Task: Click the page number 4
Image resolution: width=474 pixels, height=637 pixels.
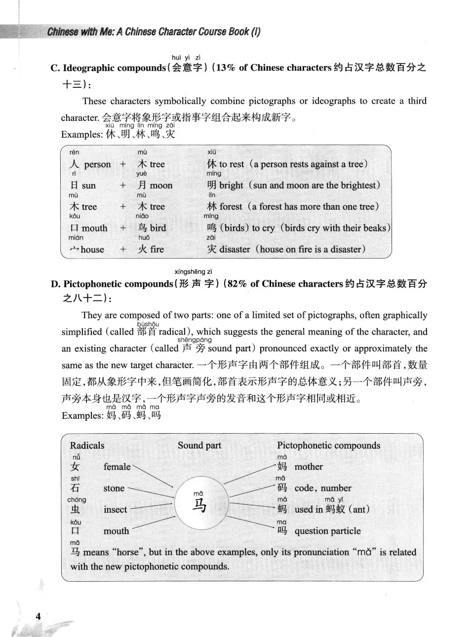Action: tap(38, 616)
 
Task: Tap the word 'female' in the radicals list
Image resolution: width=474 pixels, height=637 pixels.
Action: tap(117, 467)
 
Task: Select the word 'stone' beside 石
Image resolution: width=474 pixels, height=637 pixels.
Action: tap(114, 488)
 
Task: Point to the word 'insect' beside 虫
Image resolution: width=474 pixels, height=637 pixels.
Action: tap(115, 510)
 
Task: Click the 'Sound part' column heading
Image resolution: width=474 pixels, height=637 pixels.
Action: tap(199, 445)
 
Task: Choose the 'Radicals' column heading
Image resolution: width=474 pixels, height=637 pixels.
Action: tap(87, 445)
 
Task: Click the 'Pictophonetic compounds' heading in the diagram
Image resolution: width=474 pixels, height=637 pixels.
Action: tap(328, 445)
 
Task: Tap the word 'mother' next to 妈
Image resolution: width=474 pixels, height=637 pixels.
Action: tap(309, 467)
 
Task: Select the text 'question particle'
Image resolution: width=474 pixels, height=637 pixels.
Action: tap(327, 531)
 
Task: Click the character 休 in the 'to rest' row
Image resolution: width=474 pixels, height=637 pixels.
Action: tap(212, 164)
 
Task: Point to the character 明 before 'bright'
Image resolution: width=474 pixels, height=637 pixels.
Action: tap(212, 186)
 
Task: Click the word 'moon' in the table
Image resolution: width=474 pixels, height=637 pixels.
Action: tap(161, 186)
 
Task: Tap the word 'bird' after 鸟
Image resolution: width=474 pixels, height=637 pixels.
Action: tap(158, 228)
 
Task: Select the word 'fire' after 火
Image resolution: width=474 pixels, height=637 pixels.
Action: tap(157, 249)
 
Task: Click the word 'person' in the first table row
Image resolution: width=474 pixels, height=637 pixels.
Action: tap(97, 164)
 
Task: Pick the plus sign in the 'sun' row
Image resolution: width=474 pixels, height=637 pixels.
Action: tap(123, 186)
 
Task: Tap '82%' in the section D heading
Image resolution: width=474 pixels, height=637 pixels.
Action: tap(237, 284)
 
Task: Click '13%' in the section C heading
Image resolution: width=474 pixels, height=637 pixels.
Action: tap(225, 68)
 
